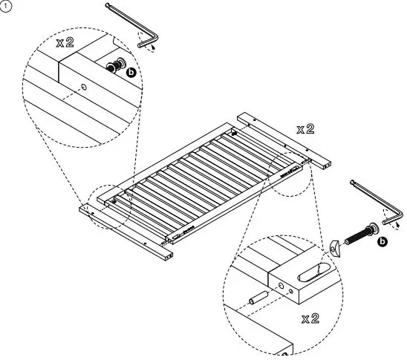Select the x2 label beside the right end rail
[305, 129]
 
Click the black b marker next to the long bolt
[382, 242]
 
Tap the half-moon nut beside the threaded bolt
[334, 246]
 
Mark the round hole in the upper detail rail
[83, 88]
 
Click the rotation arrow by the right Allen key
[393, 220]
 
